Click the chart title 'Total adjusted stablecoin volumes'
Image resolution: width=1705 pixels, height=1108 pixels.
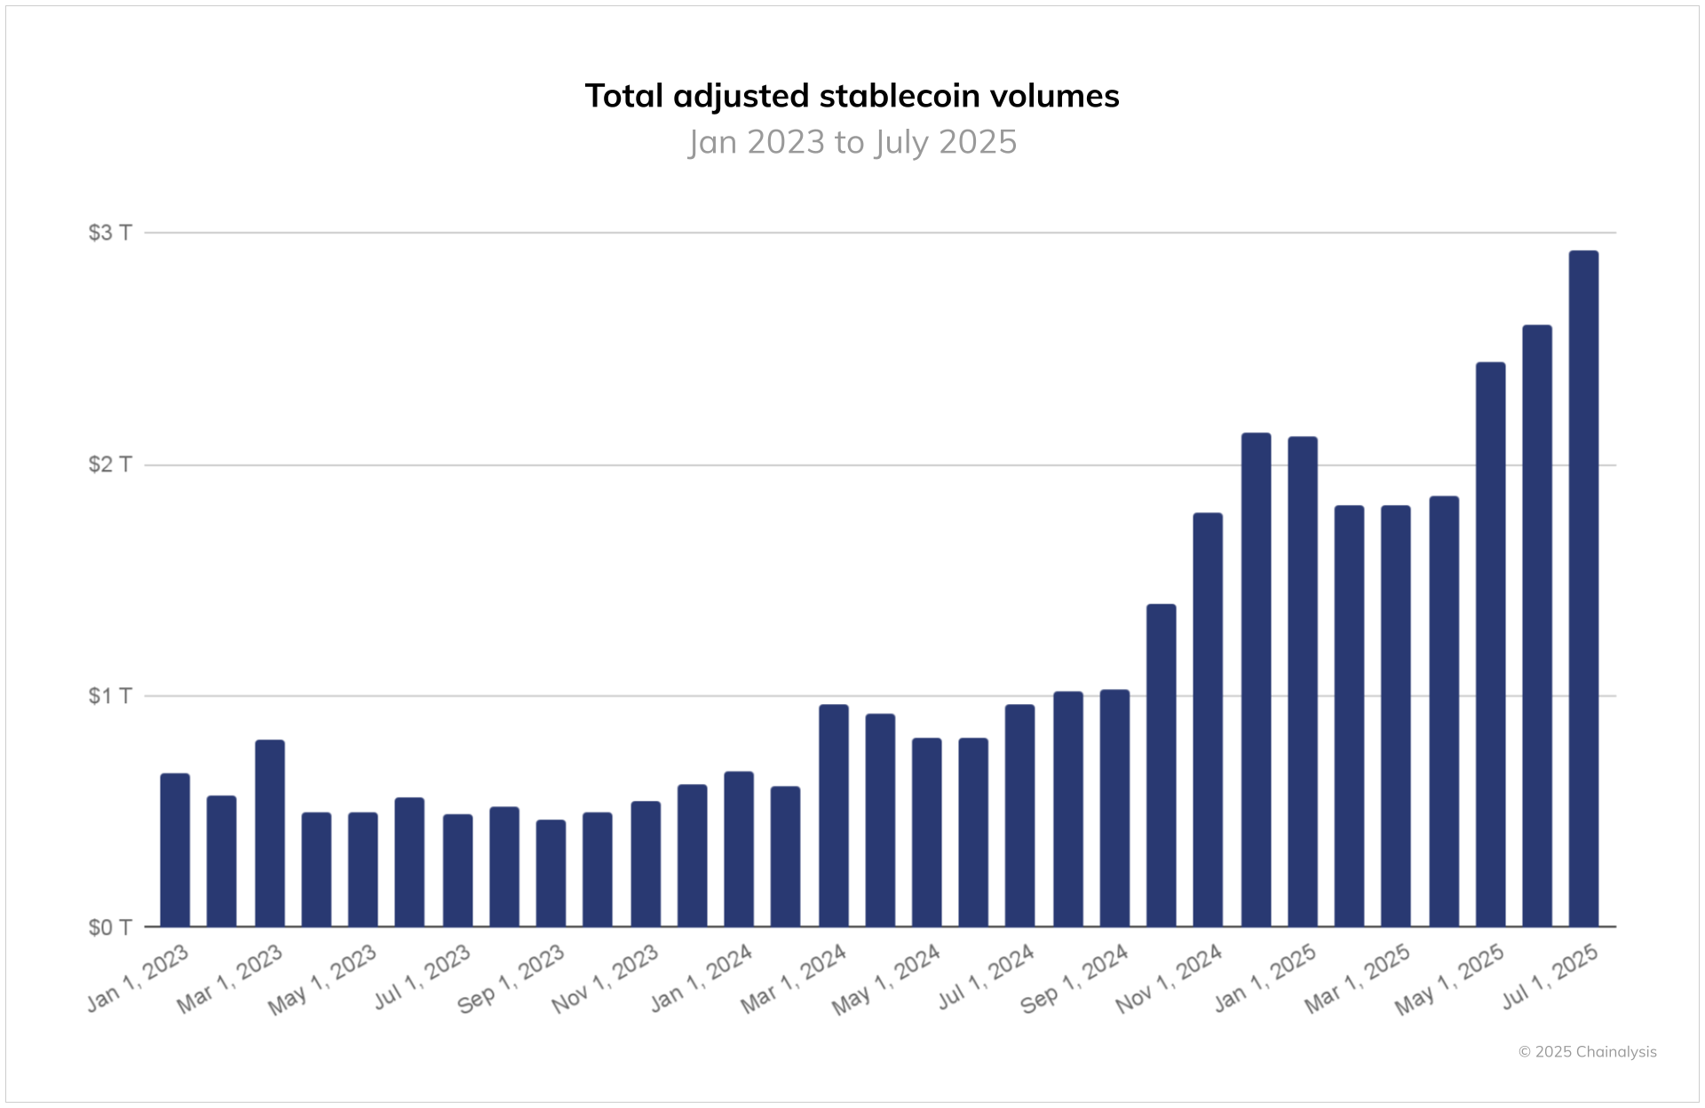point(852,96)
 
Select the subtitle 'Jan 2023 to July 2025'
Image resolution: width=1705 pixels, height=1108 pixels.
point(852,142)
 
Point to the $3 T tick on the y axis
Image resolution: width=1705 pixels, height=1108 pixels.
point(110,233)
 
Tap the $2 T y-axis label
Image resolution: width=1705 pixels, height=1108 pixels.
point(110,464)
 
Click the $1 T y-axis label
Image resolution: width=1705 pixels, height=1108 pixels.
point(110,695)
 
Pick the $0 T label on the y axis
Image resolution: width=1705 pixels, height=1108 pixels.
point(110,928)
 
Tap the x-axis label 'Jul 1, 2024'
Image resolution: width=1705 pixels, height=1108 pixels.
point(987,977)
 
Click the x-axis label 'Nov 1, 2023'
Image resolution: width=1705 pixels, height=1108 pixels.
point(606,979)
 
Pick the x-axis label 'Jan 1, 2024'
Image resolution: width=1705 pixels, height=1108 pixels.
point(702,978)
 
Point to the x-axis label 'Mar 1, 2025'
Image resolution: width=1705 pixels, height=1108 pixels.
point(1358,978)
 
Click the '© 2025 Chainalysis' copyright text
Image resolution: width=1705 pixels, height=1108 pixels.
point(1587,1052)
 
